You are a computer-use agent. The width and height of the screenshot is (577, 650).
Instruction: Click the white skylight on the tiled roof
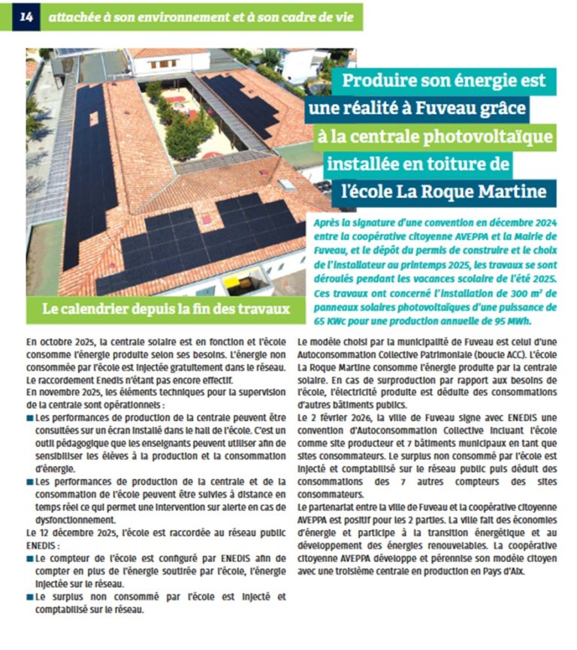point(286,184)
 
